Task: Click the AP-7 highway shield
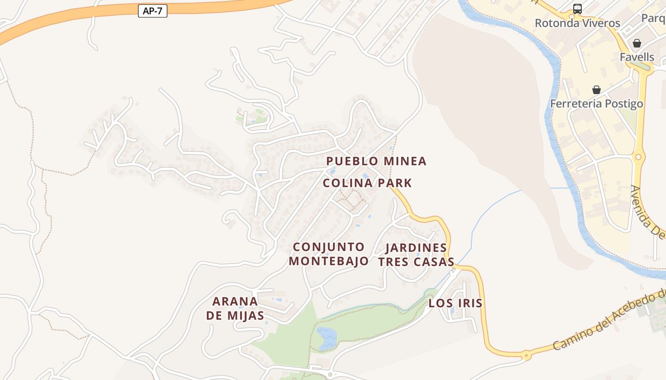pos(153,11)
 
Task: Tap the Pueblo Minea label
pos(376,161)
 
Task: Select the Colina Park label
pos(367,183)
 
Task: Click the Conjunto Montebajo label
pos(329,254)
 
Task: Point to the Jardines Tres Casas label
pos(416,255)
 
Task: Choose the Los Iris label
pos(455,303)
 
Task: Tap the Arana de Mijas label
pos(235,308)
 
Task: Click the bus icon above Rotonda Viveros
pos(577,9)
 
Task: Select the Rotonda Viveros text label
pos(578,23)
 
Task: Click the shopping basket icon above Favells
pos(637,43)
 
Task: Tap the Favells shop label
pos(637,57)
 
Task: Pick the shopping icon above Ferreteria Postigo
pos(597,90)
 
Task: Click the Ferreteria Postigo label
pos(597,104)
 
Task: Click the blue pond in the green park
pos(326,338)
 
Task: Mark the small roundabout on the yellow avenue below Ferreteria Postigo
pos(638,157)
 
